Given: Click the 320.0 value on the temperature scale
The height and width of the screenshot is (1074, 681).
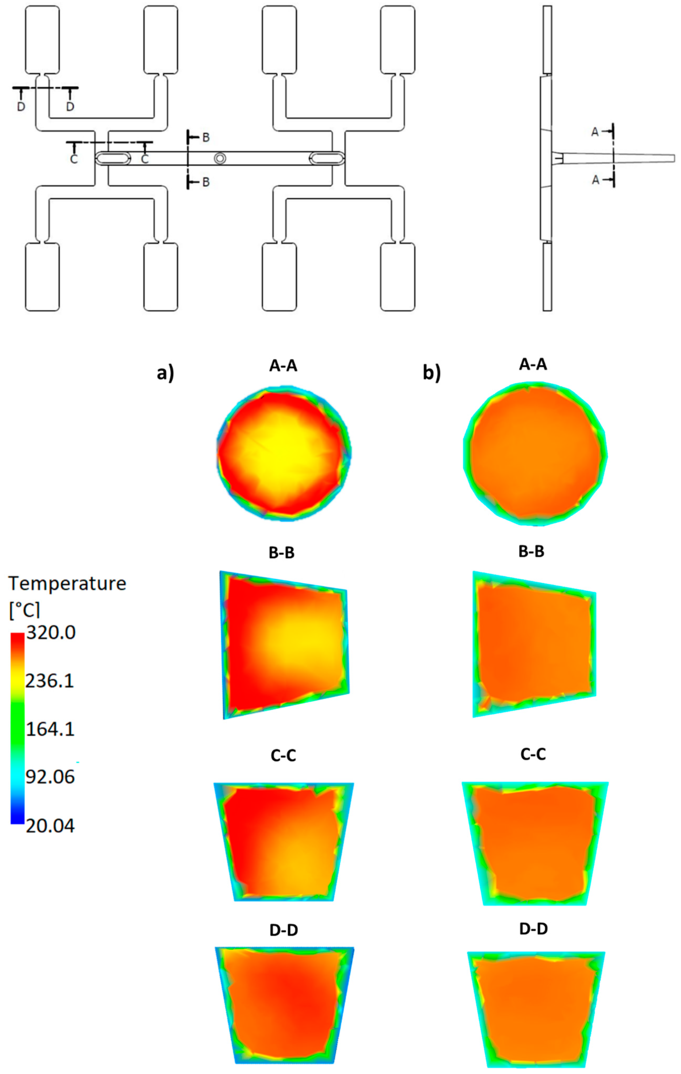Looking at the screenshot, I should coord(51,633).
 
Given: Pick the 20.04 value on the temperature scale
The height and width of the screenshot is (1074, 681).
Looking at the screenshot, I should coord(50,826).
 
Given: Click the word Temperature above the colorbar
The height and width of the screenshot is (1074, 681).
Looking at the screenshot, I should coord(67,583).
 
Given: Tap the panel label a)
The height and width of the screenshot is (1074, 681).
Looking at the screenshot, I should coord(165,373).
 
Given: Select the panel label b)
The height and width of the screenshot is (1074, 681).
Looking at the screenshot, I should coord(431,373).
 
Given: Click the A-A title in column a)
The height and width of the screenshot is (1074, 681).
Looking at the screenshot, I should coord(283,366).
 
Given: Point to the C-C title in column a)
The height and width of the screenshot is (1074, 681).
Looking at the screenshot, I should coord(283,755).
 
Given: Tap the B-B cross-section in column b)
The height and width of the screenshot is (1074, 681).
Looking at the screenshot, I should coord(534,644).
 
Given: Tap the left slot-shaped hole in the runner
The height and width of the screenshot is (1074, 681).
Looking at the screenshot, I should coord(113,158).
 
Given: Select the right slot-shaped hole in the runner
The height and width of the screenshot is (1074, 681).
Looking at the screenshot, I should coord(327,158).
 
